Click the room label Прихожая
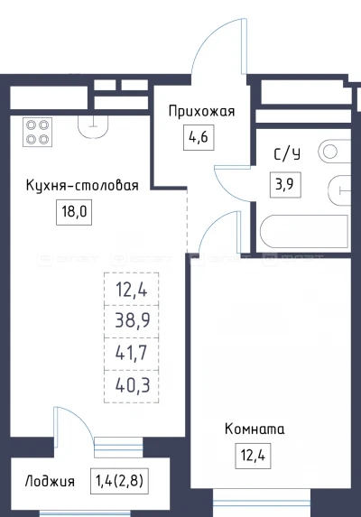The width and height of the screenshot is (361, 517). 201,112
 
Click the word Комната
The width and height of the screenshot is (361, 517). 252,429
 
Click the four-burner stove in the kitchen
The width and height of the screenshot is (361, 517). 37,133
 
